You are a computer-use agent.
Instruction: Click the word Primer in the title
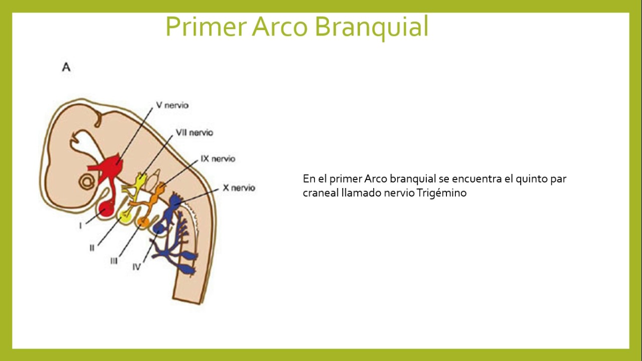(206, 27)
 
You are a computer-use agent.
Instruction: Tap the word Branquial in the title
(372, 27)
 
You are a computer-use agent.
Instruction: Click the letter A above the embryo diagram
(66, 67)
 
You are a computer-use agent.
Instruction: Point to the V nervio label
(172, 106)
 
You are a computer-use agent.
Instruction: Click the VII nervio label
(194, 133)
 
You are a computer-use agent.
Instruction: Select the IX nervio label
(218, 159)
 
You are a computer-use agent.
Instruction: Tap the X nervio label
(239, 188)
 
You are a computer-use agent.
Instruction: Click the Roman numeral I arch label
(80, 226)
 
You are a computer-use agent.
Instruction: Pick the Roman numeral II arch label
(92, 247)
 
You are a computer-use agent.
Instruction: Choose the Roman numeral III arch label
(114, 261)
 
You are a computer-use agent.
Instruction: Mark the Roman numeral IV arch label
(136, 267)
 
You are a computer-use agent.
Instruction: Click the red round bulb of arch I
(106, 209)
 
